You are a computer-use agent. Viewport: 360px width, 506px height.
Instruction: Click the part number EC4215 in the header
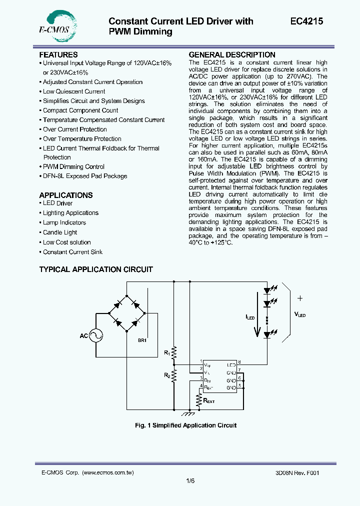(x=306, y=21)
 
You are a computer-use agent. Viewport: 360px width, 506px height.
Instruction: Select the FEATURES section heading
(x=58, y=54)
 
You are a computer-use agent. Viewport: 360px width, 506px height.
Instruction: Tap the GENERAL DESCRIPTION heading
(x=231, y=55)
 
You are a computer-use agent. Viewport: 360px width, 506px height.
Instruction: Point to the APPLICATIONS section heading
(x=66, y=195)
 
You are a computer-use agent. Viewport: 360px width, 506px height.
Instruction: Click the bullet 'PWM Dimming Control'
(x=73, y=166)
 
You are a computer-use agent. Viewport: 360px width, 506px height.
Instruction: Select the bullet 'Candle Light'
(x=60, y=232)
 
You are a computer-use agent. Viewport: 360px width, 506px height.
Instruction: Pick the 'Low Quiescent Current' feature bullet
(x=74, y=91)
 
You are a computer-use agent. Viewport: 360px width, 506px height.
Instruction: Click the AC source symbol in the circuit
(x=95, y=335)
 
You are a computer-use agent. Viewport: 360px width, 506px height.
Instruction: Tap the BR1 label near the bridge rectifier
(x=143, y=340)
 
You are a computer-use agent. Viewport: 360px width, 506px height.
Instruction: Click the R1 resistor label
(x=167, y=352)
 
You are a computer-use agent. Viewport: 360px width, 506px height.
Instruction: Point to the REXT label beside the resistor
(x=209, y=400)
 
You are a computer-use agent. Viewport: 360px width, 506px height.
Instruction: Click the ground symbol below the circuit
(x=188, y=413)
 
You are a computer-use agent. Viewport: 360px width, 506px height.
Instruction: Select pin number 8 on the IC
(x=239, y=361)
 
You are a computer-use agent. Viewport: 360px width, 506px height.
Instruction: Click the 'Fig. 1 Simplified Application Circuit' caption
(x=185, y=425)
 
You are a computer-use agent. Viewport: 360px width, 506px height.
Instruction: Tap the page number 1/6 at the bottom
(x=190, y=480)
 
